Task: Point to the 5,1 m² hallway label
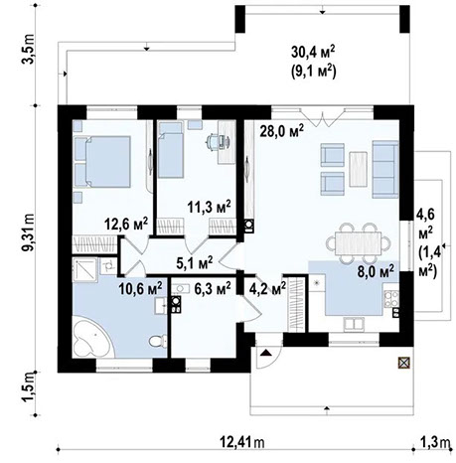195,263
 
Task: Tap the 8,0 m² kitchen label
375,269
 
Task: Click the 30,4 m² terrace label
312,53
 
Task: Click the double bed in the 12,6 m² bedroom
104,159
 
